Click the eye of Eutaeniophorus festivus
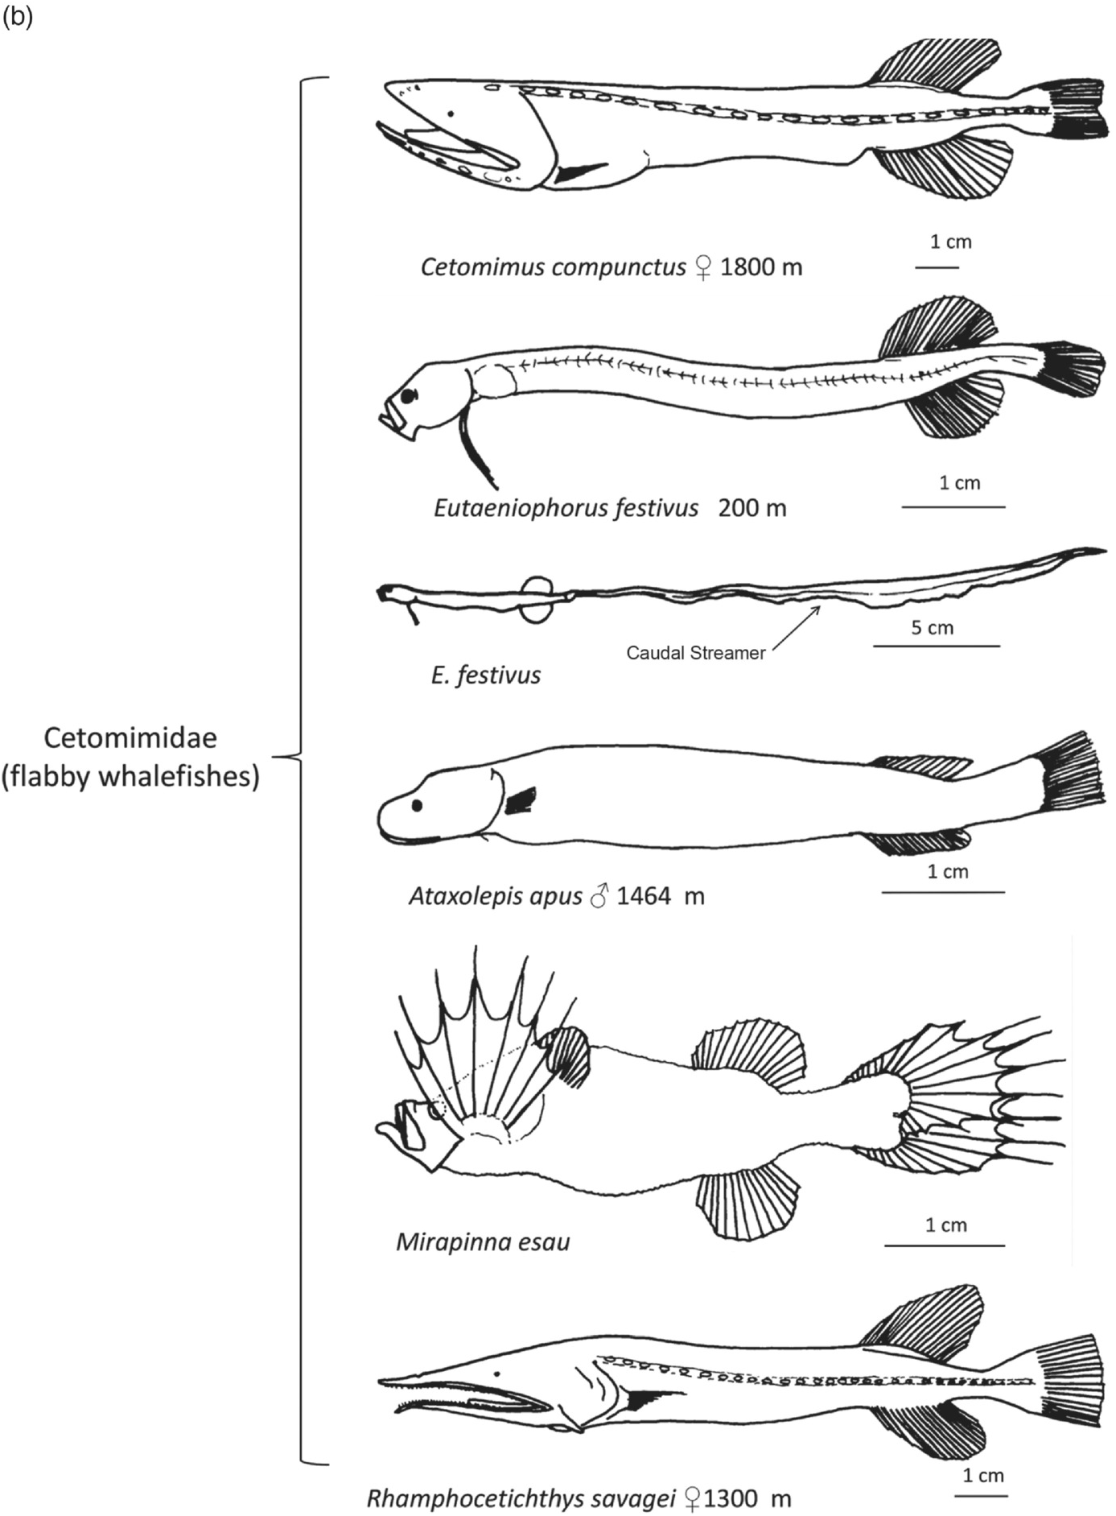410,395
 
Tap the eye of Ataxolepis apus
417,804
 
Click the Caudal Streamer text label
695,653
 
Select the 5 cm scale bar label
932,627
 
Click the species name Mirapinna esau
483,1241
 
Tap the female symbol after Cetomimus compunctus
702,267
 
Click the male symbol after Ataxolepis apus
599,895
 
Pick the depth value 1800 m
761,266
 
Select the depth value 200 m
752,508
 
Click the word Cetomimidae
130,737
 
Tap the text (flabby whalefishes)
130,777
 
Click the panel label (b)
17,18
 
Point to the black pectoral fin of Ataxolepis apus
521,800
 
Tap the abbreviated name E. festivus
486,675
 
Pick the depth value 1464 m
660,895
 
